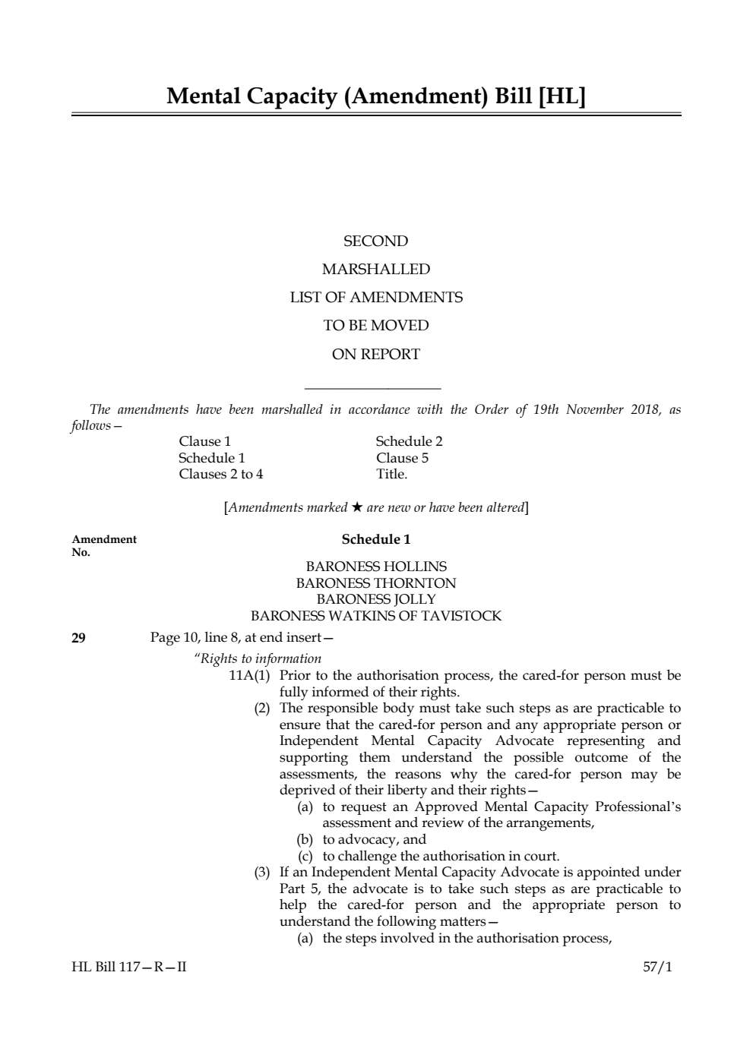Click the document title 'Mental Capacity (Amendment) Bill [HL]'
pos(376,96)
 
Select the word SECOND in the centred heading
pos(375,242)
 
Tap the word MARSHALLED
pos(375,270)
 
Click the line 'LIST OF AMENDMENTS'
pos(375,298)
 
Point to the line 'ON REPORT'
pos(375,354)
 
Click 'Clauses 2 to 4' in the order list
pos(220,474)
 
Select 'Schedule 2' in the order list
pos(409,441)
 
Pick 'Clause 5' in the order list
pos(402,458)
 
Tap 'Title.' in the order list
pos(391,474)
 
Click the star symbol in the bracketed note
pos(356,507)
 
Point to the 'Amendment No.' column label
pos(104,545)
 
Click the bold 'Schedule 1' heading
pos(375,539)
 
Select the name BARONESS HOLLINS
pos(375,567)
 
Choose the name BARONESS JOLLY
pos(375,599)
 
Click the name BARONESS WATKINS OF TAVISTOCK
pos(375,616)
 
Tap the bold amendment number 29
pos(78,638)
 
